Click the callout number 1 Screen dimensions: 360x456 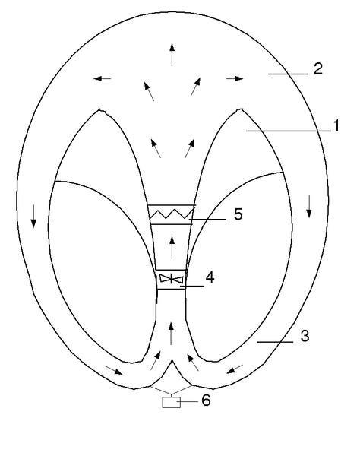tap(336, 126)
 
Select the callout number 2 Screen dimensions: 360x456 tap(318, 69)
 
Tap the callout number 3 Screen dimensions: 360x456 tap(305, 336)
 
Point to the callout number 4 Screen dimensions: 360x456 tap(210, 277)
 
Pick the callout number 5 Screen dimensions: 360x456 tap(238, 214)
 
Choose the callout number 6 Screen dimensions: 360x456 tap(206, 401)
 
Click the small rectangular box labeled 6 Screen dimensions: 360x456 tap(171, 402)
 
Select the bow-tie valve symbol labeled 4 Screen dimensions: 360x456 tap(172, 279)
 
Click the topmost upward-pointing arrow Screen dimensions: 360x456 tap(172, 55)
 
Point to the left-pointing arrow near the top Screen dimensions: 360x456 tap(102, 78)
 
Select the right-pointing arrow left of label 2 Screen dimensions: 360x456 tap(235, 78)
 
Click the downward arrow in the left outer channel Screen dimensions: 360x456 tap(33, 216)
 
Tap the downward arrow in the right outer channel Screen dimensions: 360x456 tap(309, 206)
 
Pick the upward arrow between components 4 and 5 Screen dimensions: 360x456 tap(172, 248)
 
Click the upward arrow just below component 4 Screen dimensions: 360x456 tap(171, 334)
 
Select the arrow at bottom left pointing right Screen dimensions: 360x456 tap(113, 370)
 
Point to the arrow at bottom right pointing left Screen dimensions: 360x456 tap(235, 369)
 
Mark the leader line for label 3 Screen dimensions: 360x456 tap(275, 342)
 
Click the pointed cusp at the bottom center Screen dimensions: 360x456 tap(172, 360)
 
